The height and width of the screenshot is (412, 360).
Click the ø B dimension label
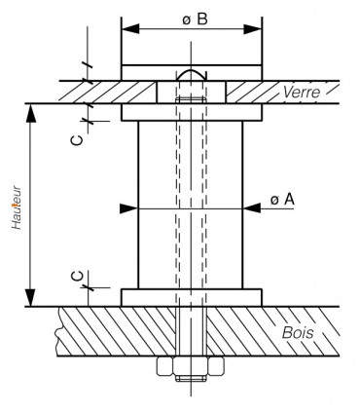pyautogui.click(x=195, y=19)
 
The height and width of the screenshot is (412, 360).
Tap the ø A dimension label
pyautogui.click(x=282, y=200)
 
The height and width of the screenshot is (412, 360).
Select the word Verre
pyautogui.click(x=302, y=93)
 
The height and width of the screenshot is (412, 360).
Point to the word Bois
pyautogui.click(x=298, y=332)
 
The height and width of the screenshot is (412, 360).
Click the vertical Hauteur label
pyautogui.click(x=17, y=207)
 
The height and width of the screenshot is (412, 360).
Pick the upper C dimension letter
pyautogui.click(x=77, y=140)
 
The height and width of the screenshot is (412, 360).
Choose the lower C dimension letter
pyautogui.click(x=77, y=277)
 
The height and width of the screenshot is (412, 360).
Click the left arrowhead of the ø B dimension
pyautogui.click(x=130, y=28)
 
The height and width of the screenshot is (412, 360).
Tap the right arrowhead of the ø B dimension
pyautogui.click(x=252, y=28)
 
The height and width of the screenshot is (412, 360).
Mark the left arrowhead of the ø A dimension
pyautogui.click(x=129, y=208)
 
